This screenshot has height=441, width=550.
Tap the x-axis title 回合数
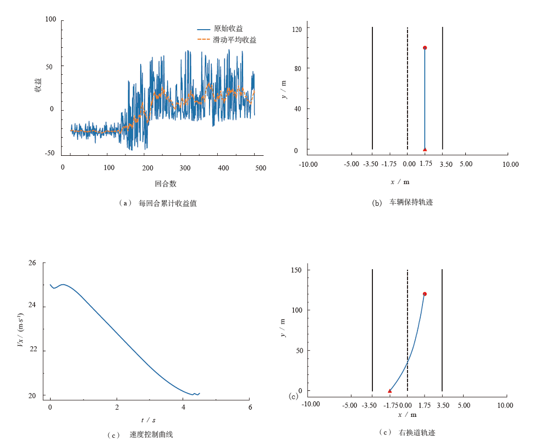[x=166, y=183]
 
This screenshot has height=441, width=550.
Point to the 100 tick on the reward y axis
[x=51, y=20]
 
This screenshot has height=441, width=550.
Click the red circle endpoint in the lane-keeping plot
[x=425, y=48]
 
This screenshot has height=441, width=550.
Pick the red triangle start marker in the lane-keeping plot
[x=425, y=149]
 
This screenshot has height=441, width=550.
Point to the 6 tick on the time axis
[x=250, y=407]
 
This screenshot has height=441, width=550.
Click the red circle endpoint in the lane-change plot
[x=425, y=294]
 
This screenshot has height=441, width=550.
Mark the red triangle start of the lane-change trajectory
[x=389, y=391]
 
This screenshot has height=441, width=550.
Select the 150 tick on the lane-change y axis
[x=298, y=270]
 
